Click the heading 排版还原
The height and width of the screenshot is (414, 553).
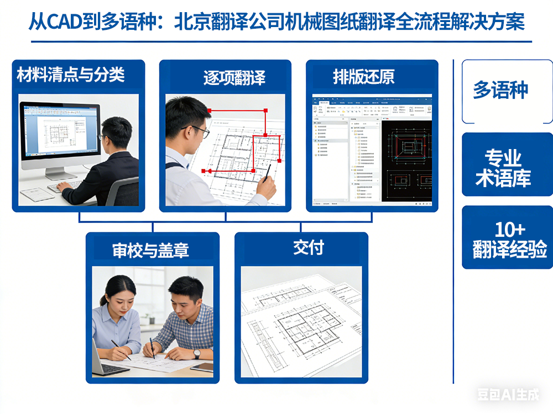click(x=364, y=77)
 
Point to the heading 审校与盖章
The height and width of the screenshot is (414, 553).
click(x=150, y=250)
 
